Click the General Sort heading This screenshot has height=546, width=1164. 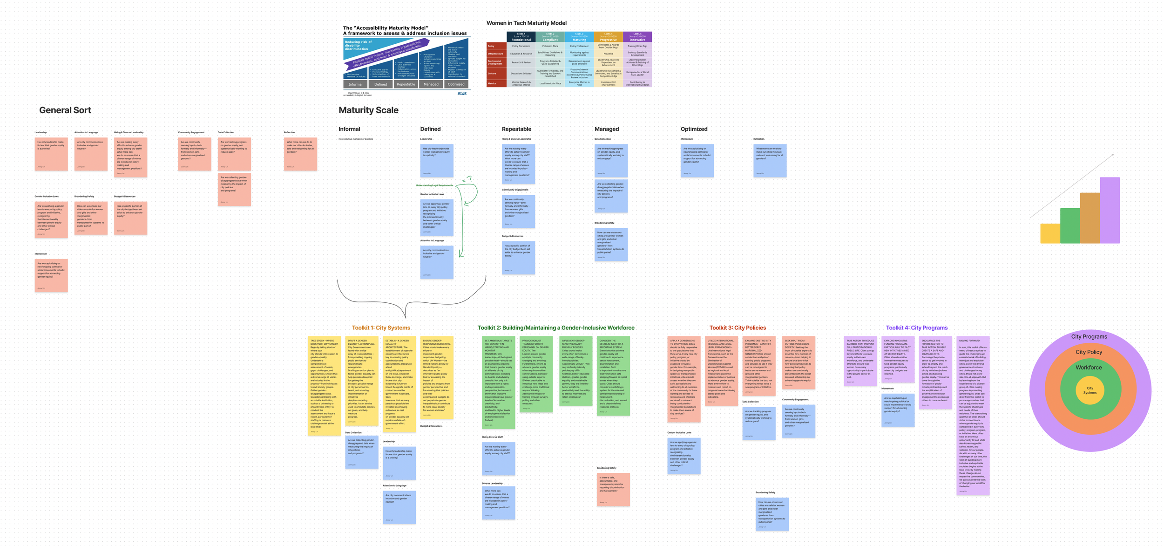[x=65, y=110]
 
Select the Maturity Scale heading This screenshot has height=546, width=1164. [x=368, y=110]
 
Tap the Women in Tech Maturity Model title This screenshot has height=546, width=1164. [x=526, y=23]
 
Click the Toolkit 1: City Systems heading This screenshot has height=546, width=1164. [x=381, y=328]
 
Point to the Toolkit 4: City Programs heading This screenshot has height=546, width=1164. [x=916, y=328]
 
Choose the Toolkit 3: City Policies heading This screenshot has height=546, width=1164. [x=738, y=328]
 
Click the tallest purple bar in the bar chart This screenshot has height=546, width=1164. [x=1110, y=210]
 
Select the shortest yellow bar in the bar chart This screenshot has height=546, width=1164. [x=1050, y=233]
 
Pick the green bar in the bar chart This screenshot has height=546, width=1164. [x=1070, y=225]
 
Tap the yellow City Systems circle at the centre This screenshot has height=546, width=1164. [x=1090, y=390]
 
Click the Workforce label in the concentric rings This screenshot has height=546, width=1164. [x=1089, y=368]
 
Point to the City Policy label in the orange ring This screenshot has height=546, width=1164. [x=1089, y=352]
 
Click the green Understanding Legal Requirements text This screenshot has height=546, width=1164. [x=434, y=185]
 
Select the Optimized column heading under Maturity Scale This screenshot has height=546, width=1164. [x=694, y=129]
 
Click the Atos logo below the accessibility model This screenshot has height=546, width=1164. [x=461, y=94]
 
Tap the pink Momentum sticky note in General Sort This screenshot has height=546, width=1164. [x=51, y=275]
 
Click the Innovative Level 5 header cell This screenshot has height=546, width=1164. [x=637, y=37]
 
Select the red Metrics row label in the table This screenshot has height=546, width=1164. [x=496, y=83]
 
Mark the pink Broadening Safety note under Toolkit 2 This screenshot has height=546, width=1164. [x=613, y=490]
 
